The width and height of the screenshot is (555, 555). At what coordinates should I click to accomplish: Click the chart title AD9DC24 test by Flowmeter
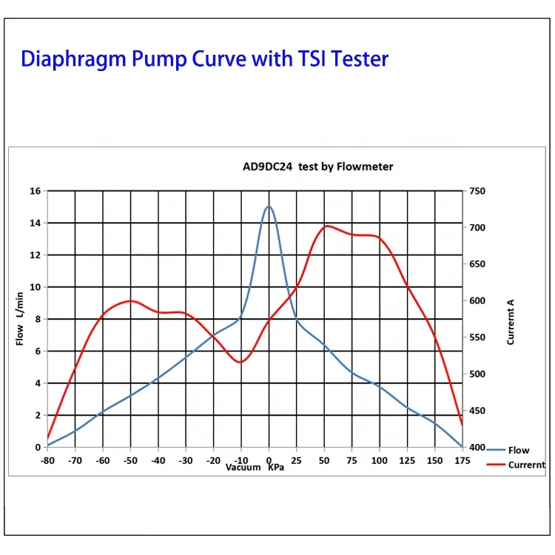click(x=318, y=166)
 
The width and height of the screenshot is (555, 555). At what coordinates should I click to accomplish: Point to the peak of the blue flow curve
click(x=269, y=206)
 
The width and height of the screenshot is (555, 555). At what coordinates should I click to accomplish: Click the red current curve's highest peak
click(x=326, y=226)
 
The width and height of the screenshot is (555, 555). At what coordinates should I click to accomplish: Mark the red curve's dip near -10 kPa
click(x=240, y=362)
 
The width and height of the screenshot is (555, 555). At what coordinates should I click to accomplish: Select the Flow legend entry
click(x=518, y=450)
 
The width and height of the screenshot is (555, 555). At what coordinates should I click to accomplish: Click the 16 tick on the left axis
click(x=35, y=191)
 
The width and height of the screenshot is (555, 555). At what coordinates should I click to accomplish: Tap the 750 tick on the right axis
click(x=477, y=191)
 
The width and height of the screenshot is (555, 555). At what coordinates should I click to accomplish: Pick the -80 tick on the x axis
click(x=48, y=460)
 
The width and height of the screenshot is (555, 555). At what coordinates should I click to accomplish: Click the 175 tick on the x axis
click(x=462, y=460)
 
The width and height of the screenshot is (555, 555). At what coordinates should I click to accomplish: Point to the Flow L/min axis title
click(x=20, y=318)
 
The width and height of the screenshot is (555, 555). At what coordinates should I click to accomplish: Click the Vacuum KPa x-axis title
click(x=255, y=467)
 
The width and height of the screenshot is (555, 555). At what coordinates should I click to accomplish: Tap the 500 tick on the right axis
click(x=477, y=374)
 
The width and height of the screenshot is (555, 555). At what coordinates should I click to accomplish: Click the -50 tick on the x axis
click(x=130, y=460)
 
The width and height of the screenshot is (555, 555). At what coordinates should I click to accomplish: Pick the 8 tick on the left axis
click(x=37, y=319)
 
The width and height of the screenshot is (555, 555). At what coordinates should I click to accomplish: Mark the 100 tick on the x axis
click(x=379, y=460)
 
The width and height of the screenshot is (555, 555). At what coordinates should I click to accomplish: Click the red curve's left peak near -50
click(x=130, y=300)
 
